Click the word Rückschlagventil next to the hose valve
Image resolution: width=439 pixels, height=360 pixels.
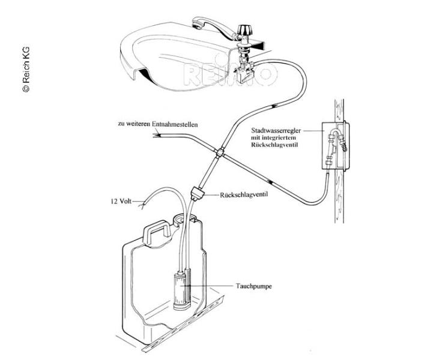pyautogui.click(x=246, y=194)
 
